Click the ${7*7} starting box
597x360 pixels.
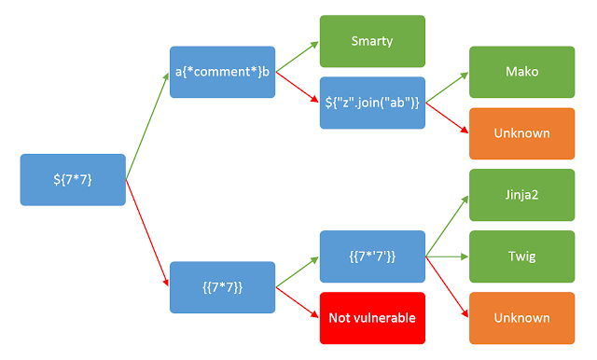[73, 179]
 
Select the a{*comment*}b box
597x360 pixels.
[222, 72]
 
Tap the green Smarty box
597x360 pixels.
[371, 41]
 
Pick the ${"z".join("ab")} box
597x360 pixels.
[371, 103]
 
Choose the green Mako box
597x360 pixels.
[521, 72]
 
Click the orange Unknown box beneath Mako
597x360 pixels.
[521, 133]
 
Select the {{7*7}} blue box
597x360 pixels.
[222, 286]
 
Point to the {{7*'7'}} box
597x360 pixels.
[371, 256]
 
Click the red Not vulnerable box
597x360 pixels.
[371, 317]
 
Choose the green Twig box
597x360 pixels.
[521, 256]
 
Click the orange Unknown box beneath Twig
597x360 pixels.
[521, 317]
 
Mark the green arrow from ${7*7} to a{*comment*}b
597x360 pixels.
[146, 127]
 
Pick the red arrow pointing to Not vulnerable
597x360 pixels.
[297, 302]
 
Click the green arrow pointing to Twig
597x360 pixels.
[446, 256]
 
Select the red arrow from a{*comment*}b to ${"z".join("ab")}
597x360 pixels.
[297, 88]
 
